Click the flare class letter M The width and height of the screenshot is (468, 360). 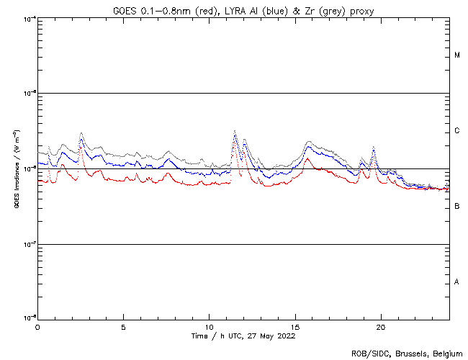457,55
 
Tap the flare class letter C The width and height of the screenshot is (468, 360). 457,131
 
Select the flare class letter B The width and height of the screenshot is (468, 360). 457,207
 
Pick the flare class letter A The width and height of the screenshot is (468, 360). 457,282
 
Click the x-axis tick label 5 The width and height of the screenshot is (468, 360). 123,327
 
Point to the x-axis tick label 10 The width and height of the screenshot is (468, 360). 209,327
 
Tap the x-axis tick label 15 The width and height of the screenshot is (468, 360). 295,327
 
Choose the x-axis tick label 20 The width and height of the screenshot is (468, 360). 381,327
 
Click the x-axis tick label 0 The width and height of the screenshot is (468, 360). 37,327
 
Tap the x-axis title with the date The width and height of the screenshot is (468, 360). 243,336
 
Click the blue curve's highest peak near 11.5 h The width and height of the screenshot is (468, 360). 235,132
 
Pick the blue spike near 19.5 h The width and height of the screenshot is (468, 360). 374,148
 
